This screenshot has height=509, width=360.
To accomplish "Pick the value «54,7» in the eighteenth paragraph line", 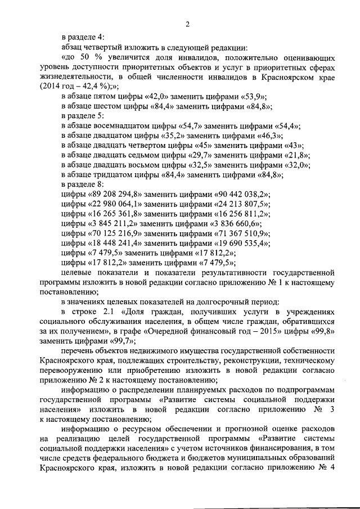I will pyautogui.click(x=191, y=126).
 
